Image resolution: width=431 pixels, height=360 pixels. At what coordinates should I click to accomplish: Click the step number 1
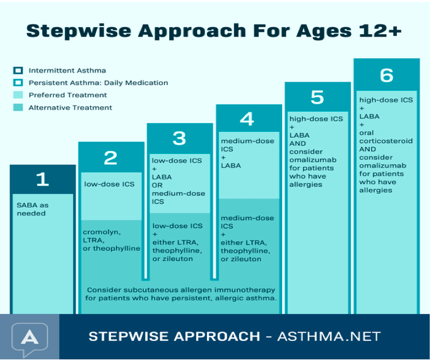pos(43,179)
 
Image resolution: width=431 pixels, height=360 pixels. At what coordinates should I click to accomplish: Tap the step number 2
pos(110,158)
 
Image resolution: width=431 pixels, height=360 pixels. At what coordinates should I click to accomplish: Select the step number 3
pos(179,138)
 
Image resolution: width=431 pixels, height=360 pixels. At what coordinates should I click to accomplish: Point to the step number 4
pos(247,119)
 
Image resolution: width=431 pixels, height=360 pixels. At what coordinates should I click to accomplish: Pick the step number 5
pos(317,97)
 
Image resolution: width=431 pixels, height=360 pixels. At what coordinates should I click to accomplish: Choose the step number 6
pos(386,75)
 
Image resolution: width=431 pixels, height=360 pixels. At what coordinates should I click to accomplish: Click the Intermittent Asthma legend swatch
pos(18,70)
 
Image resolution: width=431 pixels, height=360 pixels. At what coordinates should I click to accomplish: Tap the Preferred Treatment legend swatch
pos(18,95)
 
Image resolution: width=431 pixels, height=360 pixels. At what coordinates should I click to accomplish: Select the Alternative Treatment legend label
pos(71,107)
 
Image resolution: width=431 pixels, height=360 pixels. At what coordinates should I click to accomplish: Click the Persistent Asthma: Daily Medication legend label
pos(98,83)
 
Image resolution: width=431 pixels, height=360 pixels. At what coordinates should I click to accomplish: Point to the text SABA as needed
pos(32,209)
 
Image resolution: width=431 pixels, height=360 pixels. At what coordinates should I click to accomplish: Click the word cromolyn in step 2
pos(102,232)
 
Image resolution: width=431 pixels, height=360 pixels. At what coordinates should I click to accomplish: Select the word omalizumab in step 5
pos(313,160)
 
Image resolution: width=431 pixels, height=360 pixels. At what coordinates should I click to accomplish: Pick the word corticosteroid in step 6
pos(386,141)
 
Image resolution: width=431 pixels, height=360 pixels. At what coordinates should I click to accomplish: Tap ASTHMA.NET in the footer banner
pos(329,336)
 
